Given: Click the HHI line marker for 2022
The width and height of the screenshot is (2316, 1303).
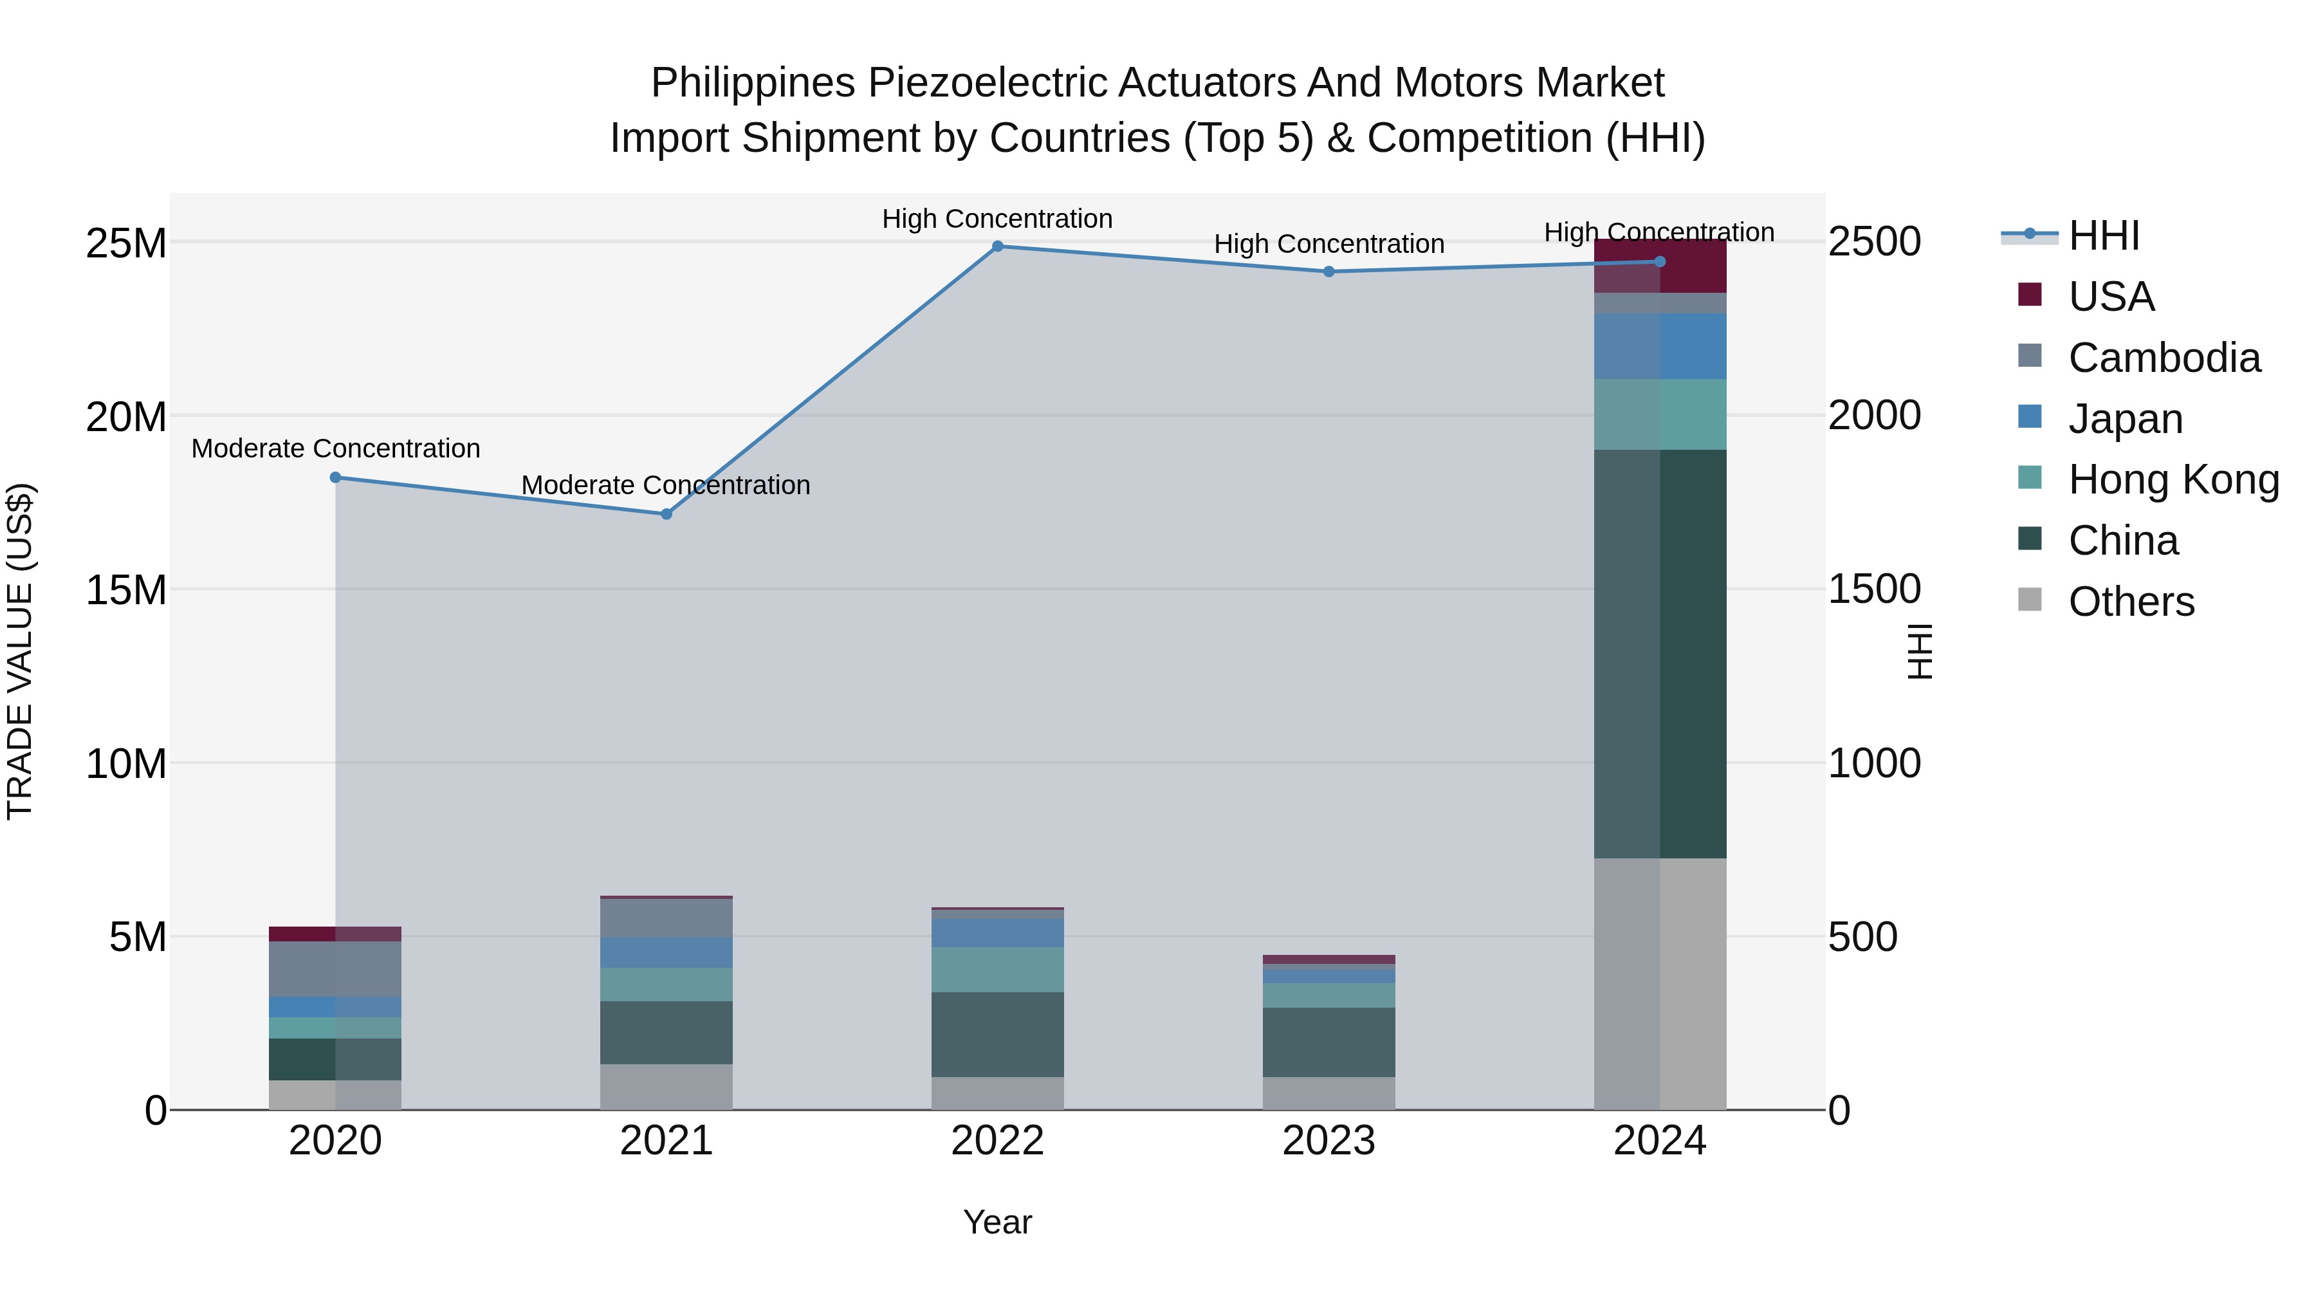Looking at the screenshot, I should (x=997, y=246).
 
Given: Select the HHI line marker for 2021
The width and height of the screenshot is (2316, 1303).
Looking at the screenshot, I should (x=666, y=514).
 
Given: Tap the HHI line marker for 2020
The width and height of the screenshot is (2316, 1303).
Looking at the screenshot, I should (x=335, y=477).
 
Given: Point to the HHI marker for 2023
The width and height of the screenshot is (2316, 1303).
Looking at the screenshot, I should (x=1329, y=272).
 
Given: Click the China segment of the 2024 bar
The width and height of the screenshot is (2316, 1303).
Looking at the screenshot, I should (x=1660, y=654).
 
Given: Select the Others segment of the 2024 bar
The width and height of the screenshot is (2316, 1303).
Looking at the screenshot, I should (x=1660, y=984).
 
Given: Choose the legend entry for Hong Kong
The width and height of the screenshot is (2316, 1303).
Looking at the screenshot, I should (x=2173, y=479).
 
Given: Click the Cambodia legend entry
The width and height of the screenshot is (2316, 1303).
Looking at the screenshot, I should (x=2163, y=358).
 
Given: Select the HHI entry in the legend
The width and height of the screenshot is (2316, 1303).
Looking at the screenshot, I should (x=2103, y=236).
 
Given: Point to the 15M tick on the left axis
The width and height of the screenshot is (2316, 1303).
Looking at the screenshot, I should (x=126, y=590).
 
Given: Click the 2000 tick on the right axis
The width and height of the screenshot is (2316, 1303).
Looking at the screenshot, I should (x=1875, y=416).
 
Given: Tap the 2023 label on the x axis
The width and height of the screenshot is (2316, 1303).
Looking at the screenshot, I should (x=1329, y=1141).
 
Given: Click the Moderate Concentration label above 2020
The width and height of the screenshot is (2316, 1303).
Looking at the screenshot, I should (x=335, y=448).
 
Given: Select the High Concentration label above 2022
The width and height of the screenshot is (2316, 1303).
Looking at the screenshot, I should (x=997, y=219).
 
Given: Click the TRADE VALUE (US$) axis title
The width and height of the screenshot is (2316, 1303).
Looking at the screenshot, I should (x=20, y=652).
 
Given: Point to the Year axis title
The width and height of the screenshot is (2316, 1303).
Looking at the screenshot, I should (x=997, y=1222).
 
